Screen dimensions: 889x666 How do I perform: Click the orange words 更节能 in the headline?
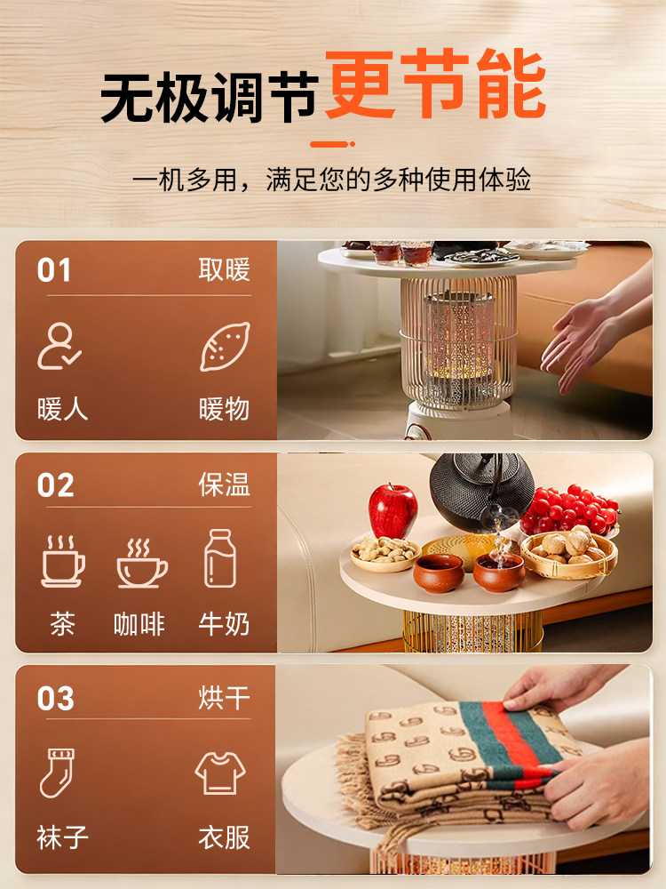pos(435,87)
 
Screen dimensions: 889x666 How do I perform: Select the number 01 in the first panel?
pos(54,271)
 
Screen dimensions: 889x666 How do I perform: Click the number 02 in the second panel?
pos(55,485)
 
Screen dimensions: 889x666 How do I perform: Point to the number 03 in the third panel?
pos(55,700)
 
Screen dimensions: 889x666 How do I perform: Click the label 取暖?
pos(224,270)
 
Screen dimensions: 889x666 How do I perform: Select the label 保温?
pos(224,485)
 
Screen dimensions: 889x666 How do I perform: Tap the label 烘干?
pos(224,699)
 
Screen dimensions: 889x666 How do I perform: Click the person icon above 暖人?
pos(59,347)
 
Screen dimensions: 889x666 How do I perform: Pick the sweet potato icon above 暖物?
pos(218,347)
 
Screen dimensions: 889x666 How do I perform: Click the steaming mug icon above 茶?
pos(63,561)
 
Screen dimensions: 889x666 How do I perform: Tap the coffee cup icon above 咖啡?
pos(141,563)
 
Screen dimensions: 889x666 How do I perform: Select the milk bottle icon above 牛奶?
pos(219,558)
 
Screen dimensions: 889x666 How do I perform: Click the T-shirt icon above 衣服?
pos(219,772)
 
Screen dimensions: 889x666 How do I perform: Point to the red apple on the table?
pos(393,510)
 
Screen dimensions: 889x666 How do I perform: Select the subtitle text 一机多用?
pos(186,180)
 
